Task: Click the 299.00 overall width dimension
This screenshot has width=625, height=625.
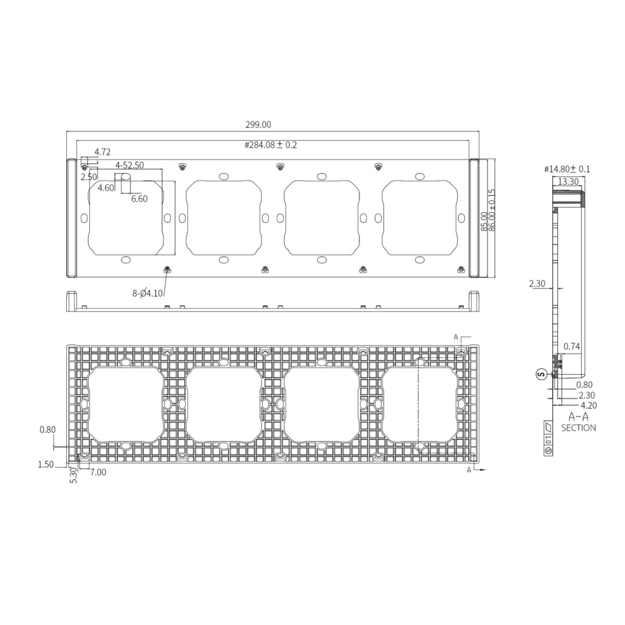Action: [258, 125]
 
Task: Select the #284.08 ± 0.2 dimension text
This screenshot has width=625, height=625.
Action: [270, 145]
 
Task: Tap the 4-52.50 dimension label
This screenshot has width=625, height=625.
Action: [129, 165]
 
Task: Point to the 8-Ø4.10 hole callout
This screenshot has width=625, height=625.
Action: [148, 294]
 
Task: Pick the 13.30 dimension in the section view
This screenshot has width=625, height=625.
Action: [568, 182]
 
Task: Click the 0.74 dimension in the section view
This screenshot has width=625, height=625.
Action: [571, 346]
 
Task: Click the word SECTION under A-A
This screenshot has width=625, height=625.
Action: [578, 428]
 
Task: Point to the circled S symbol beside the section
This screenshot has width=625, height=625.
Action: [540, 374]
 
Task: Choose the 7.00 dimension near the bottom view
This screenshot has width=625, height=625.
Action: [98, 472]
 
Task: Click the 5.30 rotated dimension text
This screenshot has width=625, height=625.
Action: [74, 476]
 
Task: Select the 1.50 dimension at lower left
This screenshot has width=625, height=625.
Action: [46, 465]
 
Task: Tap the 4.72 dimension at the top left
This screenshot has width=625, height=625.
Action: [103, 152]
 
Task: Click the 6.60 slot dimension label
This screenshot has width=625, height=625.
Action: [139, 199]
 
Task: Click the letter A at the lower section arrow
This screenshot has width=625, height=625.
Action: [469, 470]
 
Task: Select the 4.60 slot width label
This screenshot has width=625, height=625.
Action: [106, 188]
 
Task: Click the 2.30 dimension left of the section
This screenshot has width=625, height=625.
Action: [537, 284]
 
